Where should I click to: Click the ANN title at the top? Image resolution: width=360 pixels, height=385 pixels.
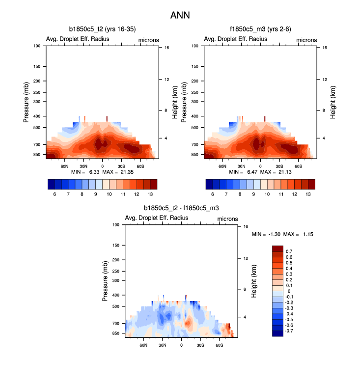point(180,15)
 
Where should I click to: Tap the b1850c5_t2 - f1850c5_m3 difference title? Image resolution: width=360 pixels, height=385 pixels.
point(181,209)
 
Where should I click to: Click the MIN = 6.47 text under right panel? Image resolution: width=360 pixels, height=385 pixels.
point(242,172)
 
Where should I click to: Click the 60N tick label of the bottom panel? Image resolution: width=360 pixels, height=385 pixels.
point(143,346)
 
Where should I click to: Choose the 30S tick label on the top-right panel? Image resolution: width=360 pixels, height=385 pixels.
point(279,167)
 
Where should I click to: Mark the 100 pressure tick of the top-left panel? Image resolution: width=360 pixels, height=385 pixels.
point(36,46)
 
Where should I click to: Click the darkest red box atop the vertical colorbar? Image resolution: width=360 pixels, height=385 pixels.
point(277,248)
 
